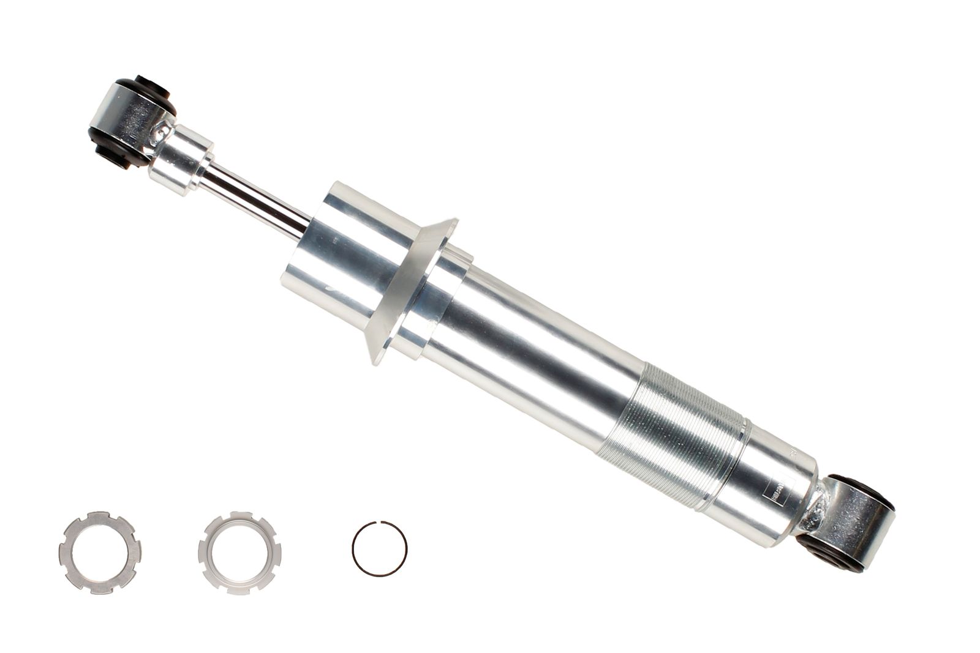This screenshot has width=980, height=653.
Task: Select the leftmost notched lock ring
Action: pos(99,553)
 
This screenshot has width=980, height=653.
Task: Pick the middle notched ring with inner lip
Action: pos(239,553)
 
